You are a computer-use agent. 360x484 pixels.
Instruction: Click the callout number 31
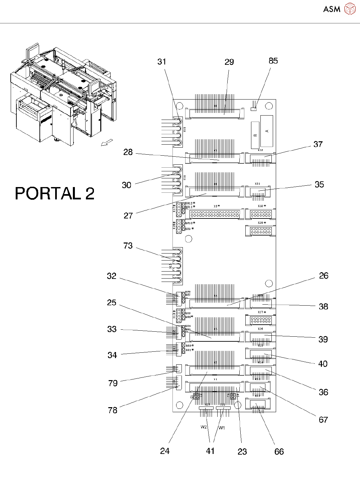[x=162, y=61]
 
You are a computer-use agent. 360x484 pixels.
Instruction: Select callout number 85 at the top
[x=273, y=61]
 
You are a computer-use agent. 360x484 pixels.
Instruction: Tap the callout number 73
[x=128, y=246]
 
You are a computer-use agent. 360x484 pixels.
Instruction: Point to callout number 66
[x=279, y=452]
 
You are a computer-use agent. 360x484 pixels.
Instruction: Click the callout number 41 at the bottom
[x=210, y=451]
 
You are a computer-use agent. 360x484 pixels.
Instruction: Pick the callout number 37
[x=318, y=144]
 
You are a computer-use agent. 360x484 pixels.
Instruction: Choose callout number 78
[x=113, y=410]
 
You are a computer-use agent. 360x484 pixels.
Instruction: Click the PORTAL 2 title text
[x=55, y=193]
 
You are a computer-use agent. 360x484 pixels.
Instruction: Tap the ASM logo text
[x=332, y=9]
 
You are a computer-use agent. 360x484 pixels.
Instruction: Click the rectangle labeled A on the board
[x=267, y=131]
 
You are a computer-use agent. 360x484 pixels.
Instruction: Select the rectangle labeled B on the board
[x=255, y=135]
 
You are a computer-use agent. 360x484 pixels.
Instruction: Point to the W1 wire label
[x=222, y=428]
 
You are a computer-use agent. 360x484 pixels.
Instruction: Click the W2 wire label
[x=204, y=427]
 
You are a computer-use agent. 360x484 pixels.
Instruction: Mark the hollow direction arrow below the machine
[x=106, y=143]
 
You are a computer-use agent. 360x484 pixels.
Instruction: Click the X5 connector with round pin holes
[x=215, y=214]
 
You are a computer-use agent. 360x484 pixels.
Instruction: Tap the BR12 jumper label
[x=190, y=203]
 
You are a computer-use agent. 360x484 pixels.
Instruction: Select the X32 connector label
[x=260, y=150]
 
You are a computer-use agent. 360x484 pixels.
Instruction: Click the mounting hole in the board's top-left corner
[x=179, y=106]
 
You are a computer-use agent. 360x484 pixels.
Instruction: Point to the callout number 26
[x=324, y=276]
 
